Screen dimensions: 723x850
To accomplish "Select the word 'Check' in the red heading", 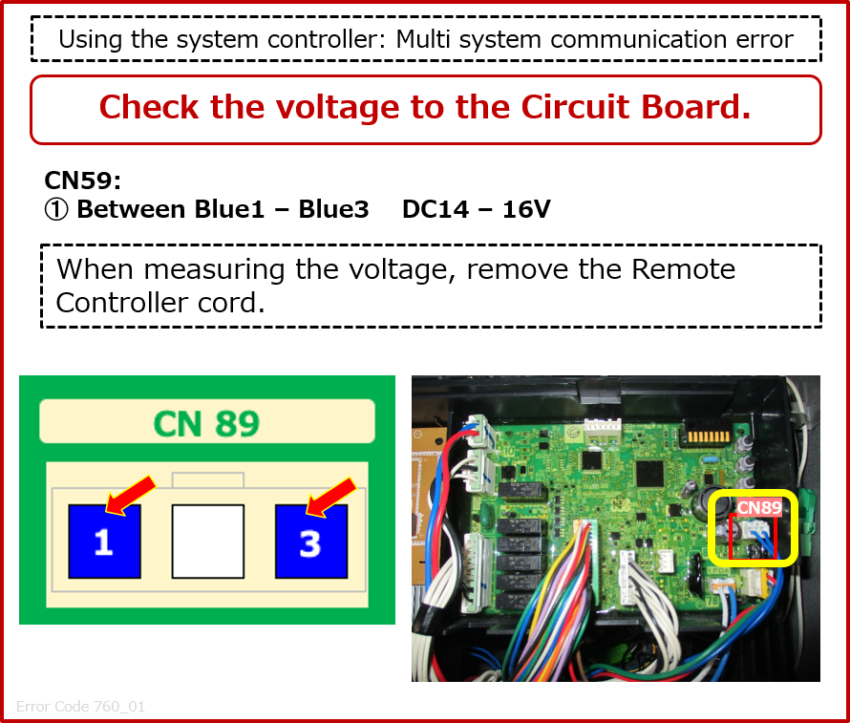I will [150, 107].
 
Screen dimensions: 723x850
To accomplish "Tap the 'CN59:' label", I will [82, 181].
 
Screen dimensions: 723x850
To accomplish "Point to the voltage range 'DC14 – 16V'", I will [476, 209].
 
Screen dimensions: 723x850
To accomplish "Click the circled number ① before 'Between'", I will [56, 209].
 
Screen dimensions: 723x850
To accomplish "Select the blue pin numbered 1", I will [104, 542].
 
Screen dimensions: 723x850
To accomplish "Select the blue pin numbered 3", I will [310, 542].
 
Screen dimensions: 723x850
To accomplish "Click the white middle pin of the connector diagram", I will [207, 542].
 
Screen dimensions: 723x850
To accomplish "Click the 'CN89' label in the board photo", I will [758, 508].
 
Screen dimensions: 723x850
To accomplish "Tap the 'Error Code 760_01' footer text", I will [80, 708].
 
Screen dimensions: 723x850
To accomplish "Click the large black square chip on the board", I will [649, 472].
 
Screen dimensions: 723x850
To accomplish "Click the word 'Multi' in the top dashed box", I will [422, 40].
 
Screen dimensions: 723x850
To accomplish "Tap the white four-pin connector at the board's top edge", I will [603, 431].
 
